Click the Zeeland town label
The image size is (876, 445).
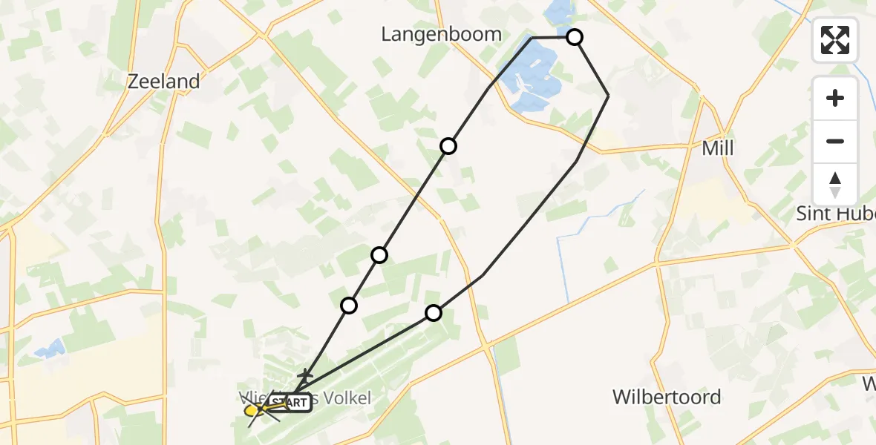163,82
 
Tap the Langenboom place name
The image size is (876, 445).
441,34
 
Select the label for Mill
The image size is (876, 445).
717,148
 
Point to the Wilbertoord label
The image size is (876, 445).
666,397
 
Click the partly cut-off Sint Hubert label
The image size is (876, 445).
835,214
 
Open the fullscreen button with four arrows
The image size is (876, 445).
835,40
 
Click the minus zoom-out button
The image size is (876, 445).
835,141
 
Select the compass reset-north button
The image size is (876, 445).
835,184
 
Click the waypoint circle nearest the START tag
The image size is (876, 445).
349,305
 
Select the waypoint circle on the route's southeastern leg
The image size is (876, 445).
434,313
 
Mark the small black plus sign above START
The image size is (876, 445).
304,376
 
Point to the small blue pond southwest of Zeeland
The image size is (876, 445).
48,349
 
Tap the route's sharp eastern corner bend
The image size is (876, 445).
608,96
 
